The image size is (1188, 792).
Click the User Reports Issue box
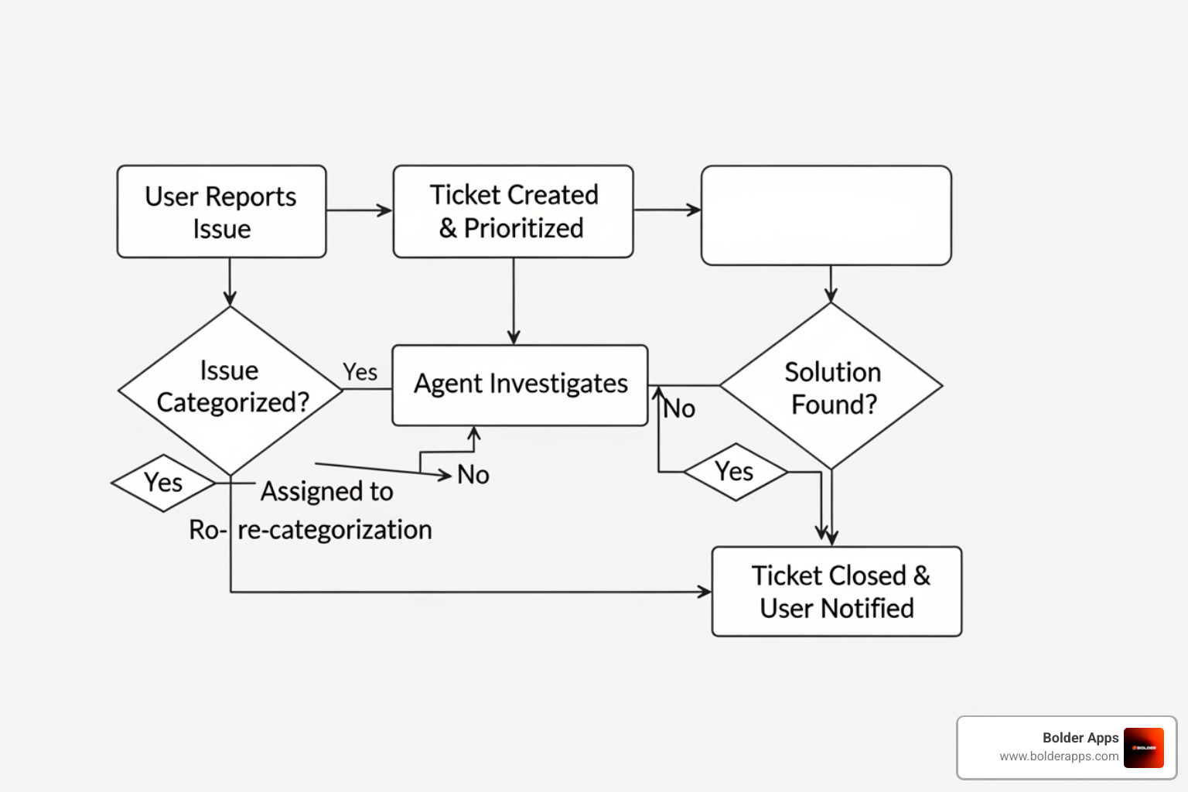(221, 211)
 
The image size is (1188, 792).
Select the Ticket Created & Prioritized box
(513, 211)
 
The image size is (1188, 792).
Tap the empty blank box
(825, 216)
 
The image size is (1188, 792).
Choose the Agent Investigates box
(520, 384)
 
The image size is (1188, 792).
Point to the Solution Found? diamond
(831, 387)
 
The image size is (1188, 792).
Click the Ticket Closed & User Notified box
(836, 592)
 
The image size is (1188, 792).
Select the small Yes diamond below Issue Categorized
(163, 483)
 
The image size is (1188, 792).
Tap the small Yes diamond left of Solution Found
(735, 472)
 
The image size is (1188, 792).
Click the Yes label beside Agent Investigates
(360, 372)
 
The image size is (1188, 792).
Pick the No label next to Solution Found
(680, 408)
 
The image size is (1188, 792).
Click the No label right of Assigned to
(473, 474)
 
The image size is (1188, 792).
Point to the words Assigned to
(326, 491)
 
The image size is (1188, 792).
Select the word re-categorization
(335, 530)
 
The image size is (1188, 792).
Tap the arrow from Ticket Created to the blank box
(667, 210)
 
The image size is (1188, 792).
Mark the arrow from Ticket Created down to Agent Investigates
(514, 302)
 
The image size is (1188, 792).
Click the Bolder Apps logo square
(1143, 748)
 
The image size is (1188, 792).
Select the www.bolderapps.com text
(1059, 756)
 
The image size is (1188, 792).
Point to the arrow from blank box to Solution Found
(831, 284)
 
